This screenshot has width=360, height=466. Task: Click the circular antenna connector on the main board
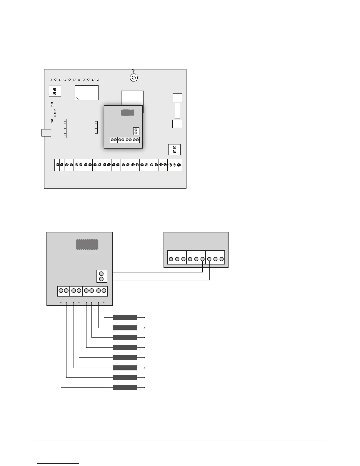[134, 78]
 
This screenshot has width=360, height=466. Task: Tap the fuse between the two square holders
[177, 111]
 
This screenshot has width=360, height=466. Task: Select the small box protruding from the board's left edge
[46, 133]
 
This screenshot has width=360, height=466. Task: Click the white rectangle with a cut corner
[86, 93]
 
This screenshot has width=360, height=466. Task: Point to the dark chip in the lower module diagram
[87, 244]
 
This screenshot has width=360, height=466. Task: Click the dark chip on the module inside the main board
[128, 113]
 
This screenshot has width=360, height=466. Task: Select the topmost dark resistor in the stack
[125, 318]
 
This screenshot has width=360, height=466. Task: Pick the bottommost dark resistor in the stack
[125, 387]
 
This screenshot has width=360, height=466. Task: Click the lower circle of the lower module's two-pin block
[101, 279]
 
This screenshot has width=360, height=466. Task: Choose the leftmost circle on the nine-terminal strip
[171, 259]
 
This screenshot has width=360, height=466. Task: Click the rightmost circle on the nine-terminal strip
[221, 259]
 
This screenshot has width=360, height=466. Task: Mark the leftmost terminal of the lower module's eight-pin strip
[61, 291]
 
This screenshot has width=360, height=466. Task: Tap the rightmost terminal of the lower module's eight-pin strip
[104, 291]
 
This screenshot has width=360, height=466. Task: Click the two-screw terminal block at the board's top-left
[55, 91]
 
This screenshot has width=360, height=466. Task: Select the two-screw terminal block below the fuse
[174, 150]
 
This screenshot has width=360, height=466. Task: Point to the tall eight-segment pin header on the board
[65, 129]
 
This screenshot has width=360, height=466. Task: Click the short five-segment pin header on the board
[96, 127]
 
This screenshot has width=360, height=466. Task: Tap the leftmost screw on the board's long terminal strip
[57, 165]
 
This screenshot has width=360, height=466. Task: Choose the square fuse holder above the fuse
[177, 98]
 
